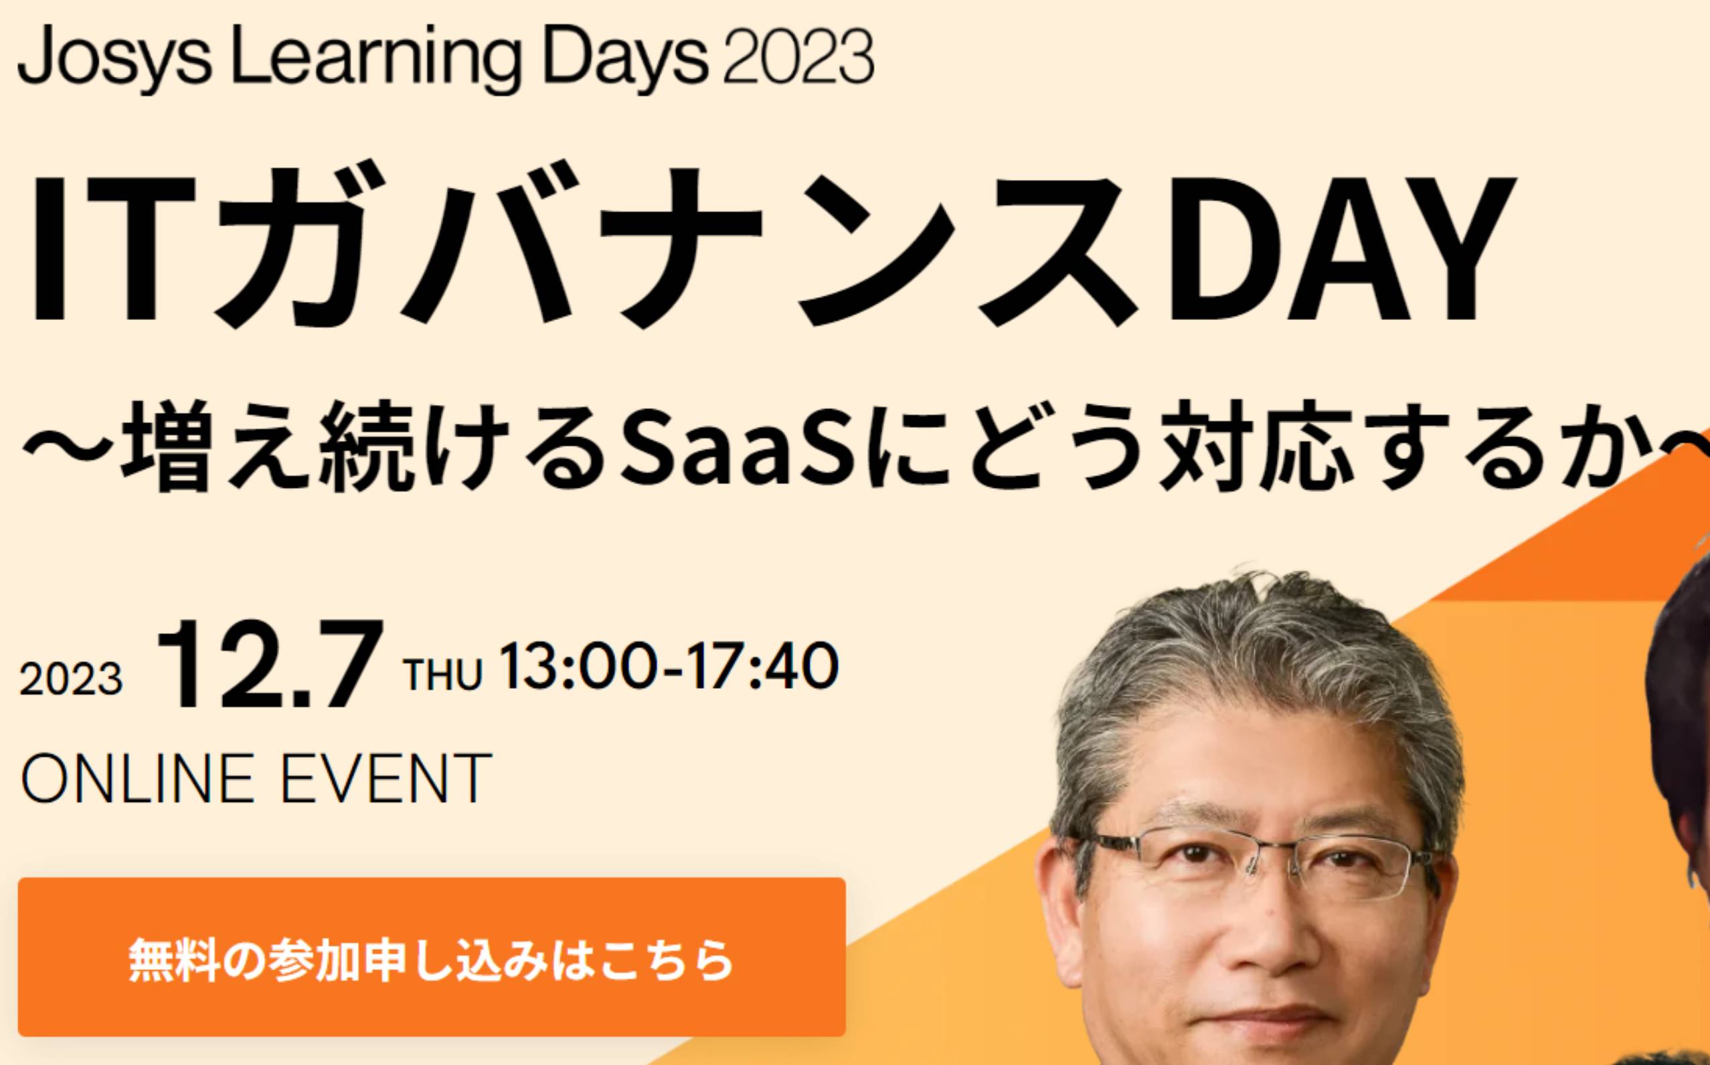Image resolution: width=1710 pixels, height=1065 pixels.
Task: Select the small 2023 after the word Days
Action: [x=798, y=56]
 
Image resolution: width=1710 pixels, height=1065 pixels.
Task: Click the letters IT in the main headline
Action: [x=112, y=248]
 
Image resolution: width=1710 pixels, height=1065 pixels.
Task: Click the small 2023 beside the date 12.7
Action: [x=70, y=679]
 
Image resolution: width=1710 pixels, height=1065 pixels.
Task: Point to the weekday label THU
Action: [x=442, y=673]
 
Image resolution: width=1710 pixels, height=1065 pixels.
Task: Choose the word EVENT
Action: [x=386, y=778]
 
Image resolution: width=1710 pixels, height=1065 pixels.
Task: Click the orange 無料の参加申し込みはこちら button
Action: [x=432, y=957]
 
